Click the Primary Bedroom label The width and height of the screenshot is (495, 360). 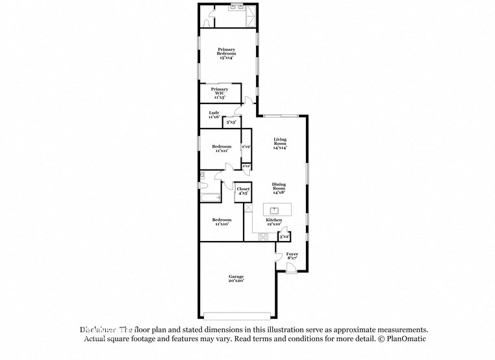click(226, 53)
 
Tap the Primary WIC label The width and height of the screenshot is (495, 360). click(220, 92)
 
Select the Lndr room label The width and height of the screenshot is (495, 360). click(212, 114)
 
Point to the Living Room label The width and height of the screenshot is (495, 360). click(280, 144)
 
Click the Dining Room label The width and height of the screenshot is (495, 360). click(279, 188)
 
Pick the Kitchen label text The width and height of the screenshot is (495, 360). click(273, 222)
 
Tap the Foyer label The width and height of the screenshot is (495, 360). click(292, 256)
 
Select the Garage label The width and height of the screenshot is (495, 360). click(236, 279)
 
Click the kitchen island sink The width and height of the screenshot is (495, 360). click(275, 209)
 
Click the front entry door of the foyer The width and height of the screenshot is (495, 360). click(289, 267)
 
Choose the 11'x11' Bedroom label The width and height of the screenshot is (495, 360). click(222, 149)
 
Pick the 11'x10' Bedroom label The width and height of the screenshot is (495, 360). click(222, 222)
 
